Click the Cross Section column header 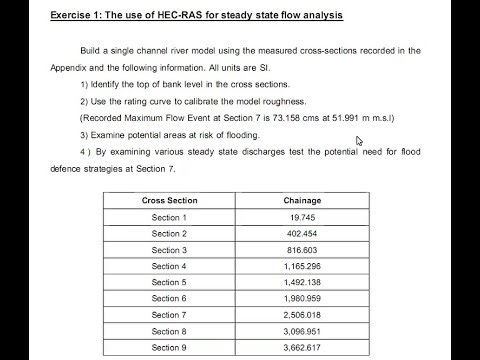[x=169, y=201]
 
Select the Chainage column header [x=302, y=201]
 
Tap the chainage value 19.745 [x=302, y=217]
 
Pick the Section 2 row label [x=169, y=233]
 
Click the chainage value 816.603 [x=302, y=250]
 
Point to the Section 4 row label [x=169, y=266]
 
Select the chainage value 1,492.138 [x=302, y=282]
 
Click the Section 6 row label [x=169, y=298]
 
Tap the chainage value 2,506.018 [x=302, y=314]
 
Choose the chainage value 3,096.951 [x=302, y=331]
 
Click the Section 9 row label [x=169, y=347]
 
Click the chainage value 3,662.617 [x=302, y=347]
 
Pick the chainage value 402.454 [x=302, y=233]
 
